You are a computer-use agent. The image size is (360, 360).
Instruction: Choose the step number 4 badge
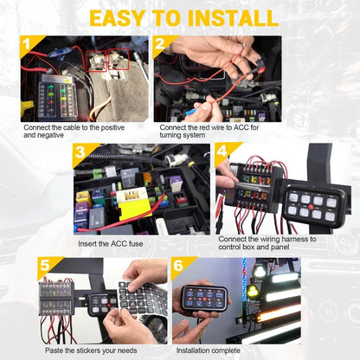(222, 152)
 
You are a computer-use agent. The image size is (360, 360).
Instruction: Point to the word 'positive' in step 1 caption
(120, 127)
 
